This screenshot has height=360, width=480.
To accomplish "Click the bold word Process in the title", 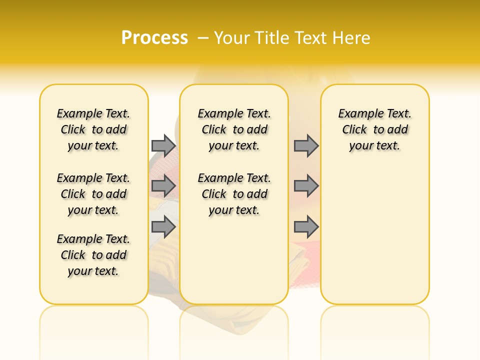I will [x=154, y=37].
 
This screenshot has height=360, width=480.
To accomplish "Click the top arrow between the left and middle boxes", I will [x=163, y=145].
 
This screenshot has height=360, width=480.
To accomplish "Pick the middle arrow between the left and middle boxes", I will [x=163, y=186].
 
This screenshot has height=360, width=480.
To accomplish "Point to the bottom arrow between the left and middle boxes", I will [x=163, y=227].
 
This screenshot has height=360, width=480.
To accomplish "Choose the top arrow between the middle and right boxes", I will [x=306, y=145].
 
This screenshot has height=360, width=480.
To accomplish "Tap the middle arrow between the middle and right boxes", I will [x=306, y=186].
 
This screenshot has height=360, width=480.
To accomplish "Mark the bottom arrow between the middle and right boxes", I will [x=306, y=227].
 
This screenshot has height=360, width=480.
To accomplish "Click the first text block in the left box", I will [x=93, y=129].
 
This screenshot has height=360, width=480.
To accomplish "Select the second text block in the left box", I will [x=93, y=194].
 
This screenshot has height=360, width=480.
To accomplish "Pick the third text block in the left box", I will [x=93, y=255].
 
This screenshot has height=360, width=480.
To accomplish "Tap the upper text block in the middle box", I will [x=234, y=129].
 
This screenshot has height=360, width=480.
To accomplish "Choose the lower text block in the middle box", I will [x=234, y=194].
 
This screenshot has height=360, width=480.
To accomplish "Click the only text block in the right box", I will [x=374, y=129].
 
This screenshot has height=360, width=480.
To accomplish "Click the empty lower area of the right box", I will [x=374, y=235].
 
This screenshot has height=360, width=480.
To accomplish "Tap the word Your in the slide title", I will [x=231, y=37].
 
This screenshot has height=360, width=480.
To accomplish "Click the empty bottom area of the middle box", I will [x=234, y=265].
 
